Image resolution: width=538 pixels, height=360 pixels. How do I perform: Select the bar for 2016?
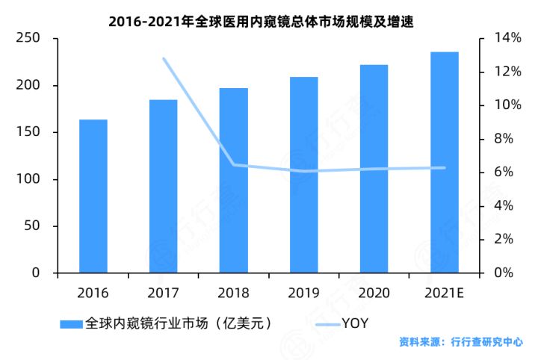93,196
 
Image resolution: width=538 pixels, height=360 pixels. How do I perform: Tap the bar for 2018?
233,181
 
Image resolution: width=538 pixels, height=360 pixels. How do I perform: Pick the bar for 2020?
374,169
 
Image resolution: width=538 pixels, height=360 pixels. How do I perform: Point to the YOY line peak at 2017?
164,59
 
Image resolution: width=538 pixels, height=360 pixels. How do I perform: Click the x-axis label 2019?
304,292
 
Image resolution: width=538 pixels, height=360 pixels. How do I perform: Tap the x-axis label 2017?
164,292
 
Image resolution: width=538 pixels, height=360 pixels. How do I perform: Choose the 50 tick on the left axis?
31,226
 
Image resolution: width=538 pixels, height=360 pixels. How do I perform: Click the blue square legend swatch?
72,324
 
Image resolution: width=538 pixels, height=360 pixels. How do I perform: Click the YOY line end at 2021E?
445,168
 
